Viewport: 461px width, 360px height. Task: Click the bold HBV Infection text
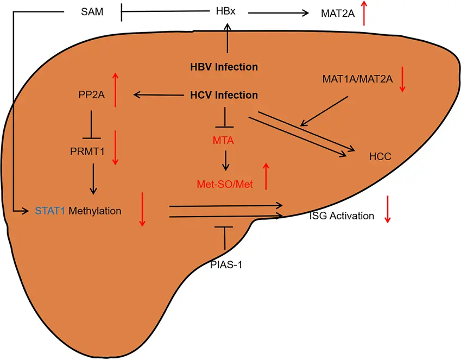point(224,67)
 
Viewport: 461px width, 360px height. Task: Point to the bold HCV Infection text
point(224,96)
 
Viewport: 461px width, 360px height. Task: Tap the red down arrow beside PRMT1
point(115,147)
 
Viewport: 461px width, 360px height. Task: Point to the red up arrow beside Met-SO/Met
point(266,175)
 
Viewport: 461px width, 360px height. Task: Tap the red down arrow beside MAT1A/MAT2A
point(402,80)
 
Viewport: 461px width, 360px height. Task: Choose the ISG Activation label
point(342,216)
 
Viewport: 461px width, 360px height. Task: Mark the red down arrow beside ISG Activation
point(388,209)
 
